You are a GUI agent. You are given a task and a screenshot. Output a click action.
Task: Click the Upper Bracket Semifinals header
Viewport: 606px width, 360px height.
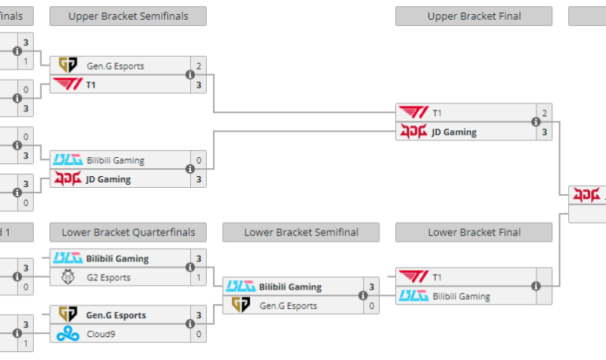[x=128, y=17]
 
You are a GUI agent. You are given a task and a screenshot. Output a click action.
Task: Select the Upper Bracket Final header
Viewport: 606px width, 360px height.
[x=473, y=17]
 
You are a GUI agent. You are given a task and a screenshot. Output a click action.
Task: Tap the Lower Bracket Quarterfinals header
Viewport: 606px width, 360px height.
[x=128, y=232]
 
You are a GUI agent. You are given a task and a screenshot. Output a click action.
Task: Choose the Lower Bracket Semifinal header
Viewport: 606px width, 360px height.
[x=301, y=232]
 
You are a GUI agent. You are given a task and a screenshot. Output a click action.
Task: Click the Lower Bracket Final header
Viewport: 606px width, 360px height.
[x=473, y=232]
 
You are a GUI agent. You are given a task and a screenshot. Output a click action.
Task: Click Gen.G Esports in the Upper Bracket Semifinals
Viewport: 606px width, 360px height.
[x=115, y=66]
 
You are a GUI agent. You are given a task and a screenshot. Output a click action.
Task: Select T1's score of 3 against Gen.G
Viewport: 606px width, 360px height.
[x=199, y=84]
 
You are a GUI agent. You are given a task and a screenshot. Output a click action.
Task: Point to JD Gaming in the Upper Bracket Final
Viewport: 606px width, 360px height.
[x=454, y=132]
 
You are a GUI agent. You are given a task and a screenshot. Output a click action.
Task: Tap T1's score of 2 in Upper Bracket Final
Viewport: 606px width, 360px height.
[x=544, y=113]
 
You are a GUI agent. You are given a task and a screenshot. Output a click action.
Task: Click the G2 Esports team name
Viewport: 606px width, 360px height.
[x=108, y=277]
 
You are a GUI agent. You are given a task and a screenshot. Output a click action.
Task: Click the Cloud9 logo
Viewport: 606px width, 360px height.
[x=68, y=334]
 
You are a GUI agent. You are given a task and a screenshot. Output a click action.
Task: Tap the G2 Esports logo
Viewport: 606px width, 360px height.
[x=68, y=277]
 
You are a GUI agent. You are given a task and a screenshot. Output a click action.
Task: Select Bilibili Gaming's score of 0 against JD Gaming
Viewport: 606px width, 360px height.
[x=199, y=160]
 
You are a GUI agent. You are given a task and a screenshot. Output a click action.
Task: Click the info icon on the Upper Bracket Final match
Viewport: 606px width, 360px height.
[x=537, y=122]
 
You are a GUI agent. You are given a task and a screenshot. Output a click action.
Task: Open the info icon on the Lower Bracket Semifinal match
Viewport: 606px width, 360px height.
[x=363, y=296]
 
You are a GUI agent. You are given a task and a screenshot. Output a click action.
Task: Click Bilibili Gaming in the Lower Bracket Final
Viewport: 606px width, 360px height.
[x=461, y=296]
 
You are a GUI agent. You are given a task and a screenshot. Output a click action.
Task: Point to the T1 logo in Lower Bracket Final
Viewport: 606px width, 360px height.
[x=413, y=277]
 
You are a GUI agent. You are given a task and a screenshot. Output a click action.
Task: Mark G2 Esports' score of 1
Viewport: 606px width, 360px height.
[x=199, y=277]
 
